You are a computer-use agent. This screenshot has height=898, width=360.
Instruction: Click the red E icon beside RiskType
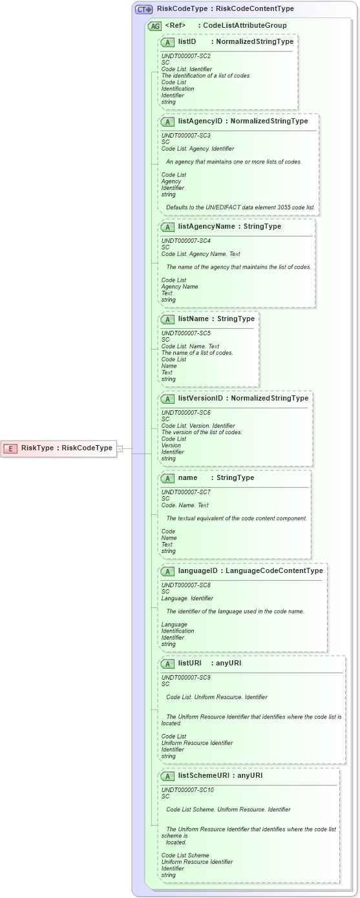(10, 448)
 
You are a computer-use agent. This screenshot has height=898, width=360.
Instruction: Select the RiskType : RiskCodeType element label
(67, 448)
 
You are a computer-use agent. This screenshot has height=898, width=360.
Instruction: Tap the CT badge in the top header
(143, 9)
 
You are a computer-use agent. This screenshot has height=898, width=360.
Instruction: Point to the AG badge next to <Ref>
(155, 26)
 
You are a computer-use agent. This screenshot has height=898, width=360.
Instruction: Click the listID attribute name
(187, 42)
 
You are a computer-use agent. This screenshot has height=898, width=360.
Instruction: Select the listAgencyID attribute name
(200, 121)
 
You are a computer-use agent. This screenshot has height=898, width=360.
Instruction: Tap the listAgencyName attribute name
(206, 227)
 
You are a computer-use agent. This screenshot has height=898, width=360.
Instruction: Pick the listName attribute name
(193, 319)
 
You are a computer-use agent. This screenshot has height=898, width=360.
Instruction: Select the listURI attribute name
(189, 663)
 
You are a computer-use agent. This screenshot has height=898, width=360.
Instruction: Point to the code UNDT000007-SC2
(185, 56)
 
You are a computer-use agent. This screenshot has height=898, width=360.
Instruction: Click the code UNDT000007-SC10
(187, 790)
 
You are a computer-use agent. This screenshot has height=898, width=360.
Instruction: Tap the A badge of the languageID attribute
(168, 571)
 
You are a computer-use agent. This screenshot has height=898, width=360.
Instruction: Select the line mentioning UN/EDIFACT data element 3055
(240, 207)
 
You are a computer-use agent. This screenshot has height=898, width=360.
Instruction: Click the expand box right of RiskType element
(120, 448)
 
